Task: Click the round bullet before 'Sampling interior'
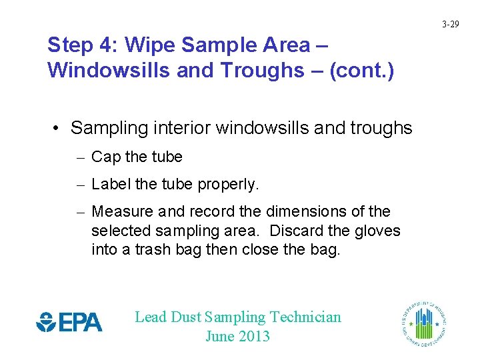tap(59, 128)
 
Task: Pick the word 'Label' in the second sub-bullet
tap(109, 184)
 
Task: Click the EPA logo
tap(69, 323)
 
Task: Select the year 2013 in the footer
tap(254, 336)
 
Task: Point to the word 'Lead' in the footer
tap(151, 317)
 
